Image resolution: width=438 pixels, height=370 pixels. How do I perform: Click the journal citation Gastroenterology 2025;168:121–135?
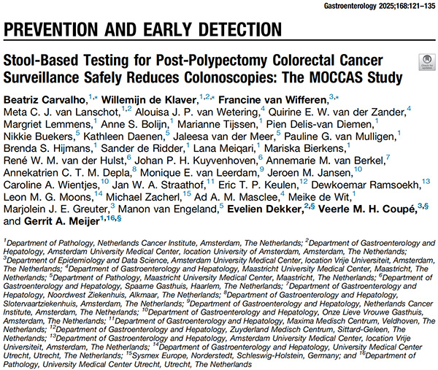coord(374,6)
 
